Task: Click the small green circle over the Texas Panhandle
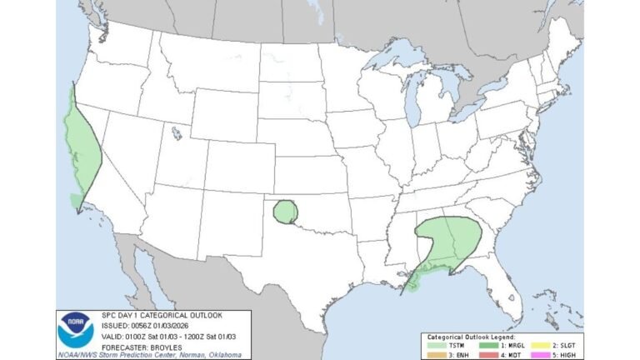[286, 211]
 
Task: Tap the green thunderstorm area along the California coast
[81, 142]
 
